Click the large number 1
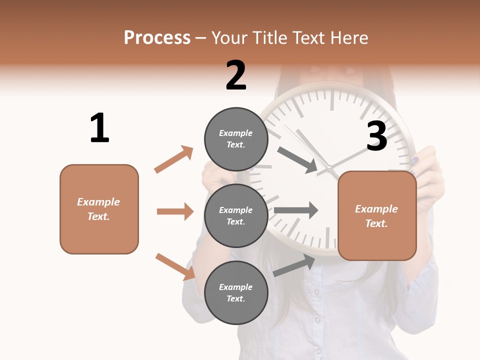[x=99, y=128]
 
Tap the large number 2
[x=236, y=75]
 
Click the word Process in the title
[x=157, y=37]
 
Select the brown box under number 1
[x=99, y=209]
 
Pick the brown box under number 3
[x=377, y=216]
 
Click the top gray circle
[x=236, y=139]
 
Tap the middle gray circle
[x=236, y=215]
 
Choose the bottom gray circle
[x=236, y=292]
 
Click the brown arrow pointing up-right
[x=173, y=159]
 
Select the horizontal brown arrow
[x=175, y=211]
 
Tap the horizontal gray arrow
[x=296, y=210]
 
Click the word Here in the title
[x=349, y=37]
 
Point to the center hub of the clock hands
[x=330, y=168]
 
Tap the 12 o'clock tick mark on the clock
[x=332, y=100]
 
